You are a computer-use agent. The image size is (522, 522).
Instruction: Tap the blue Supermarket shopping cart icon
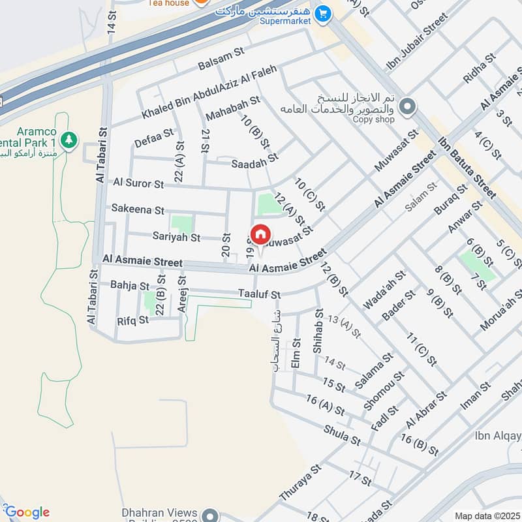point(322,12)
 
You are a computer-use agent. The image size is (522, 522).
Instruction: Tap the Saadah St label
point(254,161)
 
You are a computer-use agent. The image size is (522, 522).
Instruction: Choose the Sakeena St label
point(138,209)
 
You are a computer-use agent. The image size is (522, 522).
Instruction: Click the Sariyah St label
point(176,238)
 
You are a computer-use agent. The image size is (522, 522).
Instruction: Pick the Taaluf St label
point(259,294)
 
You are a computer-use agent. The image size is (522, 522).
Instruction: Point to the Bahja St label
point(130,286)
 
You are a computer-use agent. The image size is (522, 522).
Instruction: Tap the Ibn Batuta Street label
point(467,166)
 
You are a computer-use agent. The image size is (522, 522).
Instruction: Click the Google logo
point(27,512)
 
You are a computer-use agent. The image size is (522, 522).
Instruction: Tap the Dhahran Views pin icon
point(209,515)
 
